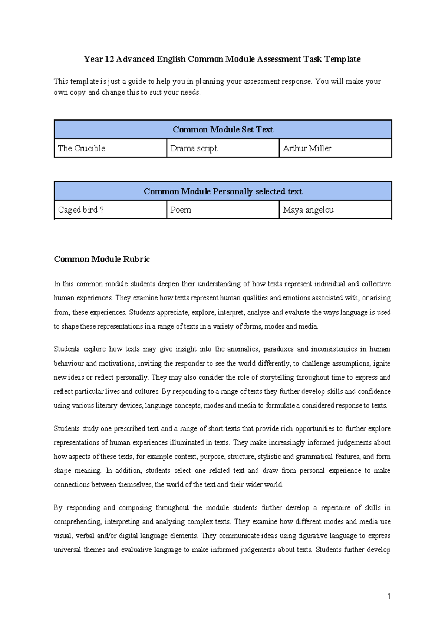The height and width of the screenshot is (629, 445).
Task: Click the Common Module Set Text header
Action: [x=222, y=129]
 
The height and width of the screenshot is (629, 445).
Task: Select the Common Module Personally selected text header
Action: [x=222, y=191]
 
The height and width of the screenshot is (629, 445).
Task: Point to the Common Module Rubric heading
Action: [x=102, y=259]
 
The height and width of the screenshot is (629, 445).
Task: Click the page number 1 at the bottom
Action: [x=389, y=596]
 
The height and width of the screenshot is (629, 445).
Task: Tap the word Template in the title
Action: [x=342, y=59]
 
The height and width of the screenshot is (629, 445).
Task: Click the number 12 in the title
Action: [x=109, y=59]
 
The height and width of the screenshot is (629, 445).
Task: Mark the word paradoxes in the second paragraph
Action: [x=278, y=349]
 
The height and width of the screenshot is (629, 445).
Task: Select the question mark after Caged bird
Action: [x=102, y=210]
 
